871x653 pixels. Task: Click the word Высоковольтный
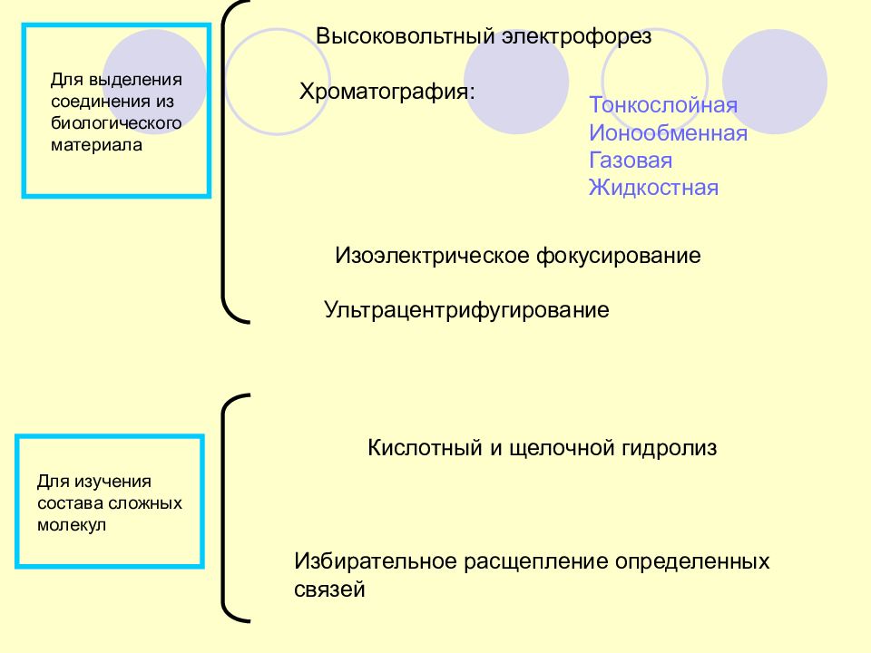(x=405, y=36)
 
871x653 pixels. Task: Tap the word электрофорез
(x=577, y=37)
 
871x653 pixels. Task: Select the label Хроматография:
(x=387, y=92)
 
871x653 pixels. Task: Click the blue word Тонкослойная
(x=663, y=105)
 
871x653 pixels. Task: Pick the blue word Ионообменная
(x=669, y=132)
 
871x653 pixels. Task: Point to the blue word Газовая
(x=631, y=160)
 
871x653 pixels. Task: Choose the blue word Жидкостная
(x=654, y=188)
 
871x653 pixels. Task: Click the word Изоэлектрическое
(x=432, y=256)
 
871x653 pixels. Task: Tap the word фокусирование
(x=619, y=257)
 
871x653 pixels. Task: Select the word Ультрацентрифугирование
(x=466, y=310)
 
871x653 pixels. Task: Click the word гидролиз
(x=669, y=448)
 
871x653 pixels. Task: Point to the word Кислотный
(x=425, y=447)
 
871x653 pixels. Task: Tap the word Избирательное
(x=375, y=560)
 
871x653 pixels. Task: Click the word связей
(x=329, y=590)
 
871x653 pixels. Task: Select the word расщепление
(x=536, y=562)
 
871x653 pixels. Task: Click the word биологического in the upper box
(x=116, y=122)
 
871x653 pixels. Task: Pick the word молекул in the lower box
(x=72, y=525)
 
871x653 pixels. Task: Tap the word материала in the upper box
(x=97, y=145)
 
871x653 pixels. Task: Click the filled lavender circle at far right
(x=775, y=82)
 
